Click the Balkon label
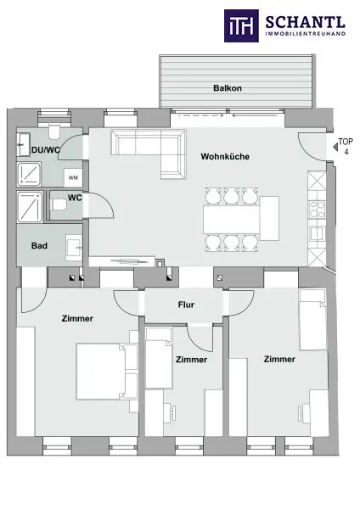coord(228,88)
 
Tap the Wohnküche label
coord(225,156)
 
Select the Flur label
coord(186,305)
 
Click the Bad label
coord(39,246)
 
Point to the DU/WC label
coord(46,150)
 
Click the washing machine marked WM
coord(73,177)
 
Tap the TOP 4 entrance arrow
coord(335,147)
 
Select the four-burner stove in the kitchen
coord(317,210)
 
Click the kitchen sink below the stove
coord(317,233)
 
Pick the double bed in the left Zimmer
coord(107,371)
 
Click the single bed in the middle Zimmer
coord(159,358)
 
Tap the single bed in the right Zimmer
coord(312,320)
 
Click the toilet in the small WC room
coord(59,204)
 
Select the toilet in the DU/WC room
coord(53,131)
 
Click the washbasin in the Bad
coord(74,248)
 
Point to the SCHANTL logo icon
coord(241,25)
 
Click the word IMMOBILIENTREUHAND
coord(306,34)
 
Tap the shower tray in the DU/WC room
coord(29,174)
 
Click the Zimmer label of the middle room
coord(191,360)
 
